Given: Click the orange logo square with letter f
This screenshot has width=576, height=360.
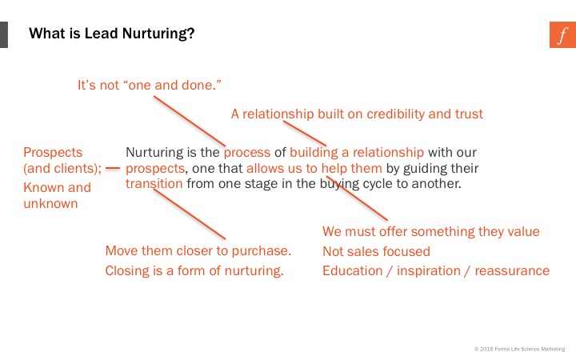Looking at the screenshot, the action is click(562, 34).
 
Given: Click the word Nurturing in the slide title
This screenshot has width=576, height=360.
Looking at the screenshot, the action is click(158, 34).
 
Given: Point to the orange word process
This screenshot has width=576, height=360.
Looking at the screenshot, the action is click(247, 153).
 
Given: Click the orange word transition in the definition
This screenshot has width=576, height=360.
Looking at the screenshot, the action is click(154, 183).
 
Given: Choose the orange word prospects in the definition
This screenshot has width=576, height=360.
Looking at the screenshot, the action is click(155, 169).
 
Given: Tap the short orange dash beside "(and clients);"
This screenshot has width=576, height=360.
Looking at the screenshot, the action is click(113, 168).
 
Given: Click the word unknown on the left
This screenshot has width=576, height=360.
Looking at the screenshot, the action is click(50, 203).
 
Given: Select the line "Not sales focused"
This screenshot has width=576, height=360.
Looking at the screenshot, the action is click(376, 251).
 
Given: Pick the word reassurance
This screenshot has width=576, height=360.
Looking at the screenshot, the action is click(512, 270).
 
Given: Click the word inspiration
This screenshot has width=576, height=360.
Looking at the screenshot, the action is click(428, 271).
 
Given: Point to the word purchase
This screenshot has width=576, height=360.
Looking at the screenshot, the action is click(261, 251).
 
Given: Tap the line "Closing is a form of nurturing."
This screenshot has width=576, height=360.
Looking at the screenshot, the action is click(194, 270).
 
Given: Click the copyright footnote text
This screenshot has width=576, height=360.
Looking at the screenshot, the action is click(519, 349).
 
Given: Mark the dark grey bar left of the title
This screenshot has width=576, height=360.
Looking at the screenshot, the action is click(4, 34).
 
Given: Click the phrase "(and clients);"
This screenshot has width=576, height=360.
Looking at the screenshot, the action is click(62, 169).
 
